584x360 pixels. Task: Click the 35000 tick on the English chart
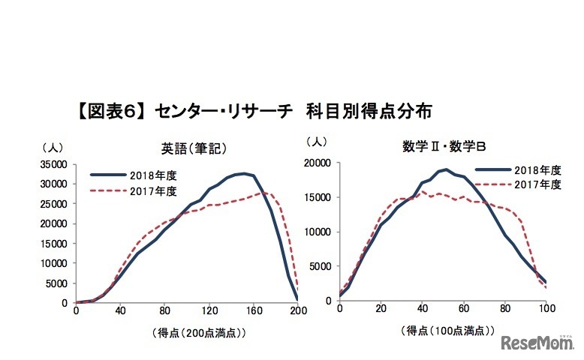tap(56, 164)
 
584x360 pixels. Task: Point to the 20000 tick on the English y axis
tap(56, 223)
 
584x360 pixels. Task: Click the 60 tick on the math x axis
tap(464, 308)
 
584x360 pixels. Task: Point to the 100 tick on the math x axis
tap(546, 308)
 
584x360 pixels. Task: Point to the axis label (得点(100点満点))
tap(444, 329)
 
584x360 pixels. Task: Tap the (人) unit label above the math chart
tap(318, 141)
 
